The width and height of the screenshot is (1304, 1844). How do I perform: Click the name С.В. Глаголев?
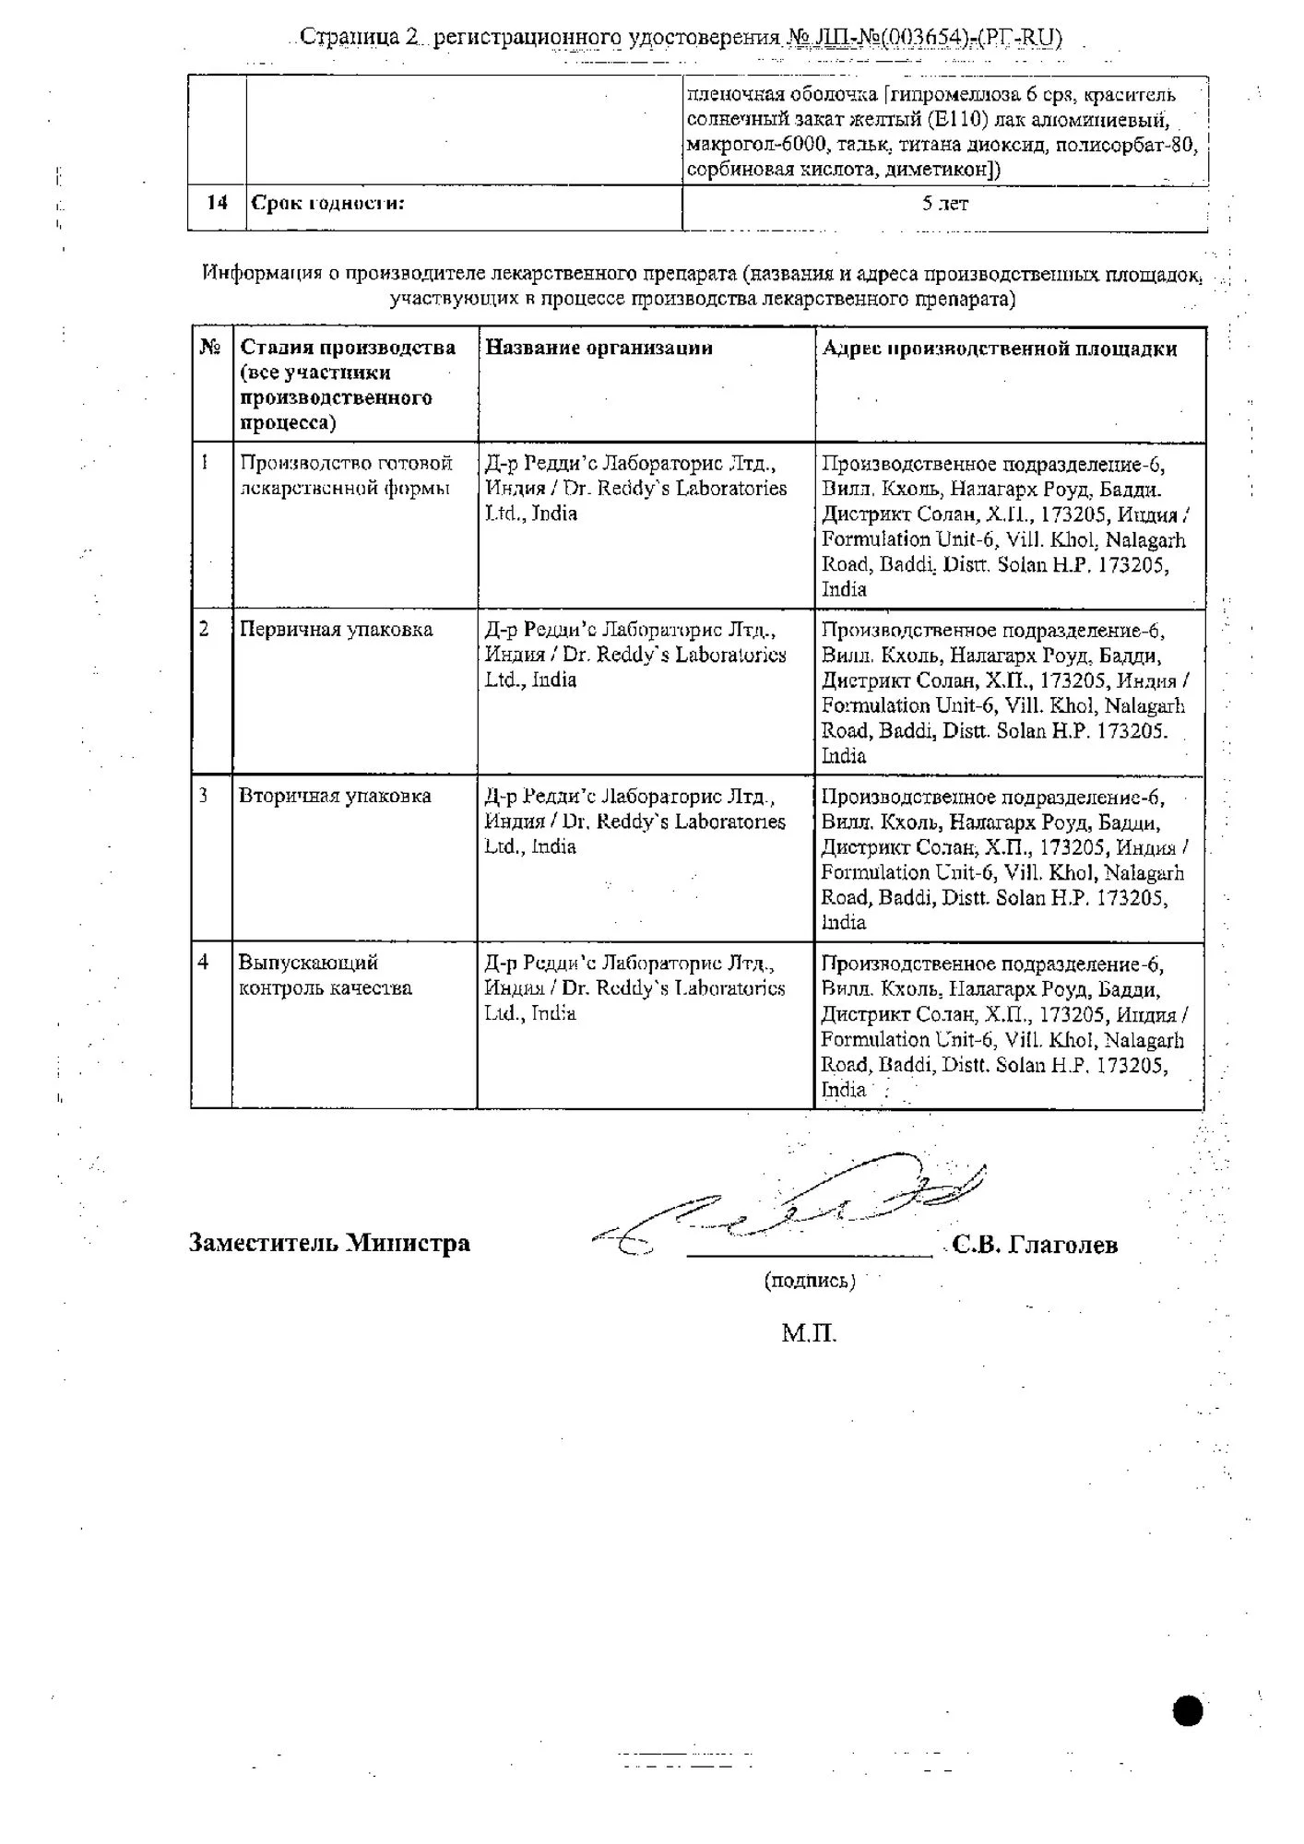1035,1246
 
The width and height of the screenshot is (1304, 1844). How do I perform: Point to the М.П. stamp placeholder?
809,1333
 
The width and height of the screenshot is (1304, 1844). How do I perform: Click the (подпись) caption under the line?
809,1281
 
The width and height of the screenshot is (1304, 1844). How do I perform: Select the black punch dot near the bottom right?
1189,1711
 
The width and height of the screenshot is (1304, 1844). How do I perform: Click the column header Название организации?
599,349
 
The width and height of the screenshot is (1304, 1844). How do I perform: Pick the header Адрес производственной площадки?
999,349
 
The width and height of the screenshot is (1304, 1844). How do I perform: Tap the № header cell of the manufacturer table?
211,348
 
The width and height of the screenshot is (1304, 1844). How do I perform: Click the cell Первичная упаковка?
336,630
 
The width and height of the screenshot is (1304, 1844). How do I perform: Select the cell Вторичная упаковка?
335,796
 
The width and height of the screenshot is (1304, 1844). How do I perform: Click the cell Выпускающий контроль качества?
325,975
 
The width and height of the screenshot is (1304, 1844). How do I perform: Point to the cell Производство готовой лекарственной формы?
346,476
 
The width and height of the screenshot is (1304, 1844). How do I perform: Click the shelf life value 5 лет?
944,205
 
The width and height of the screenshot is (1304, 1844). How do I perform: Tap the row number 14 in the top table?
217,203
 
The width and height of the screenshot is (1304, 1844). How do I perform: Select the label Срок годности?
327,204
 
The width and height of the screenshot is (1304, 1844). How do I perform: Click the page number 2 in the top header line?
411,37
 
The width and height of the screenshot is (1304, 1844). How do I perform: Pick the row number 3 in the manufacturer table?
204,795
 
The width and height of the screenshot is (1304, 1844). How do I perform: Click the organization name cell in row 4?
634,987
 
